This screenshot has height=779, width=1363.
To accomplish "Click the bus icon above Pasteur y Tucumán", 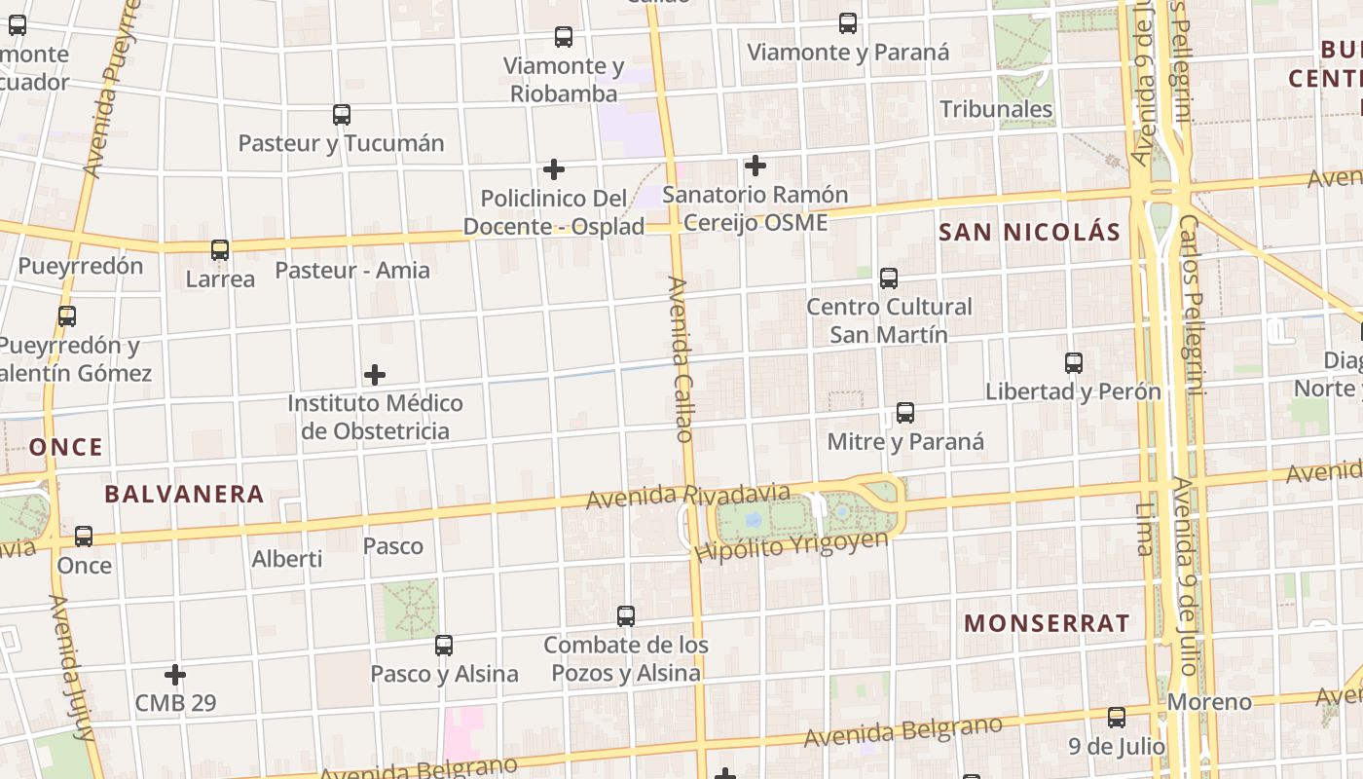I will coord(342,115).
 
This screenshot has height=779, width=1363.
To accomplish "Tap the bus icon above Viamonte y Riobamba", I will coord(564,37).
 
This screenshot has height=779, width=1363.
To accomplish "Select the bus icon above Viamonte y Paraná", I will coord(848,23).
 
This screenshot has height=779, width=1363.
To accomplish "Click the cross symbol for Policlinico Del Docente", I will coord(554,170).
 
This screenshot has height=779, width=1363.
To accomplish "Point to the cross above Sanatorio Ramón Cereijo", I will coord(755,167).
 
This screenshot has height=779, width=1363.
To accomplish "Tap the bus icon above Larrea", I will coord(220,250).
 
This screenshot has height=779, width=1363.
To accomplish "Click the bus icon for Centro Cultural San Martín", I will coord(889,278).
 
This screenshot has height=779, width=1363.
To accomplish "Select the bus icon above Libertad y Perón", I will coord(1074,363).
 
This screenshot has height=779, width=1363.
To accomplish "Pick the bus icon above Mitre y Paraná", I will coord(905,413).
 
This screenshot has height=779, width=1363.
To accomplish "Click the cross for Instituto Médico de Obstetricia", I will coord(375,375).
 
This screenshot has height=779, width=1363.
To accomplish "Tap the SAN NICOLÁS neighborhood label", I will coord(1030,232).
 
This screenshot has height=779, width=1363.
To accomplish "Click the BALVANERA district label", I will coord(184,494).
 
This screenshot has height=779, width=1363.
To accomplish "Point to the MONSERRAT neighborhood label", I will coord(1047,623).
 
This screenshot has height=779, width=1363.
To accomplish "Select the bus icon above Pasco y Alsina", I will coord(444,645).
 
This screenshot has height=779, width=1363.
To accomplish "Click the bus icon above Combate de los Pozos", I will coord(626,616).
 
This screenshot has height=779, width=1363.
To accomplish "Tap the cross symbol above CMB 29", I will coord(175,674).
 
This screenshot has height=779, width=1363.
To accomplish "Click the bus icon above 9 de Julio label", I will coord(1117,718).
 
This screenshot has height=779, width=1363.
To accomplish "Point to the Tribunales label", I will coord(996,108).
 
